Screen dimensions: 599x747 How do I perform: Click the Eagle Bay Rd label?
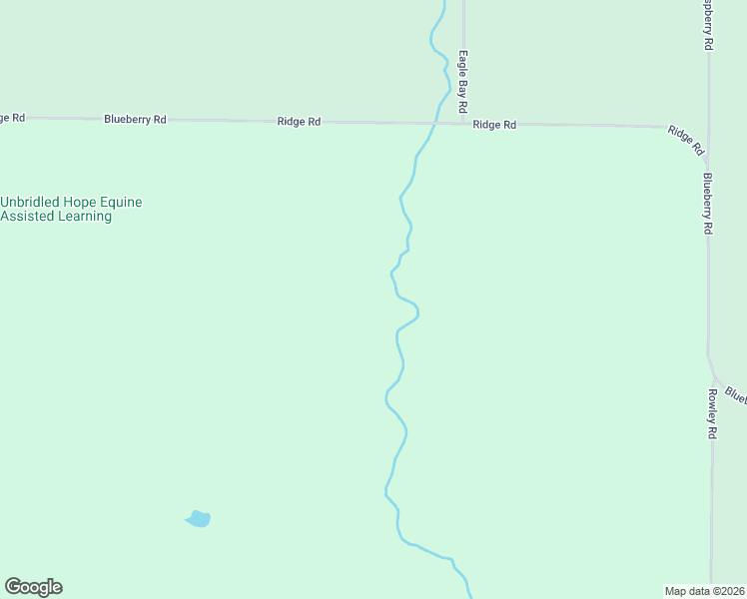[463, 82]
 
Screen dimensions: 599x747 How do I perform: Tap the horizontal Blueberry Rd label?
[135, 119]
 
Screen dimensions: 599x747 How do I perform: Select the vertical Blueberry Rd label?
[707, 204]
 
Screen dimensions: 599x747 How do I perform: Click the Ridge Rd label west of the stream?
[299, 121]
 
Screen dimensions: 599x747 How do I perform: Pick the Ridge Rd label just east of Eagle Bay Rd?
[494, 125]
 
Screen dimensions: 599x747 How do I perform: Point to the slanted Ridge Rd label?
[686, 140]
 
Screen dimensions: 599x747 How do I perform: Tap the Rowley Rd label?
[713, 414]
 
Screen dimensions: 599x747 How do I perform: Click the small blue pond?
[199, 518]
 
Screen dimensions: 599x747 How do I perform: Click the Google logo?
[33, 587]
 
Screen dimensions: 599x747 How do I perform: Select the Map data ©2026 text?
[705, 590]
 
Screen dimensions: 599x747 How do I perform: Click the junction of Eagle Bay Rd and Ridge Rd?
[465, 123]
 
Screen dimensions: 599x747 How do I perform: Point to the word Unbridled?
[29, 202]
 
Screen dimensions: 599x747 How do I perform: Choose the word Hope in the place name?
[78, 202]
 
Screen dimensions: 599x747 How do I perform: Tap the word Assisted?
[27, 216]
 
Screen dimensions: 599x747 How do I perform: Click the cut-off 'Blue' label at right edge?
[736, 394]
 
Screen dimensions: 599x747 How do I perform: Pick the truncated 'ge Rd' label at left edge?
[12, 117]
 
